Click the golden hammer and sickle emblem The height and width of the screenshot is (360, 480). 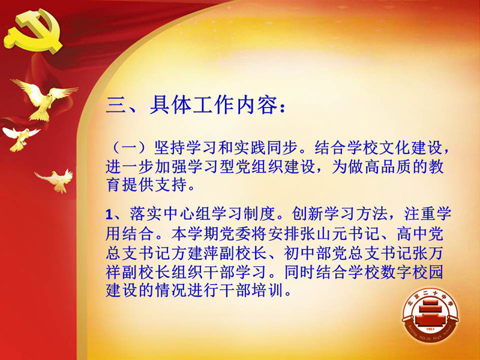pyautogui.click(x=33, y=31)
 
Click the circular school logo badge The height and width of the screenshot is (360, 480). pyautogui.click(x=430, y=316)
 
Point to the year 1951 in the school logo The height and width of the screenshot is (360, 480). pyautogui.click(x=430, y=329)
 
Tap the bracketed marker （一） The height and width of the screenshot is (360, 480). pyautogui.click(x=129, y=148)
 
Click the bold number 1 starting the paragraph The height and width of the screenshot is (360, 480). pyautogui.click(x=109, y=215)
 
